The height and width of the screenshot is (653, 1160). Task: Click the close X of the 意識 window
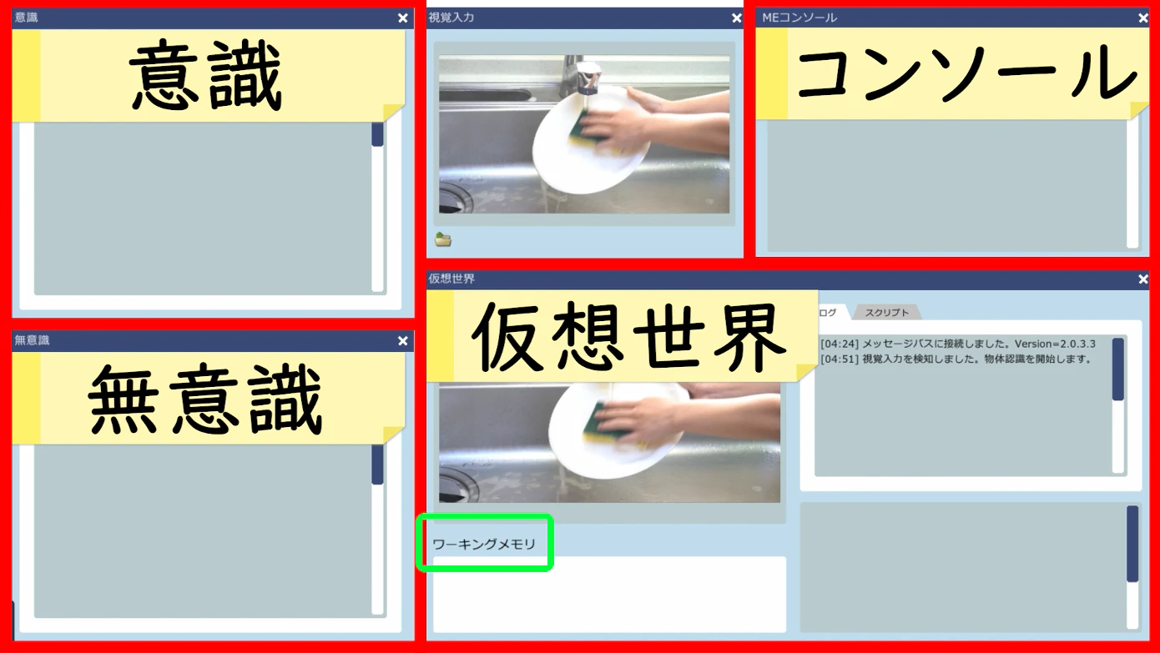pyautogui.click(x=403, y=18)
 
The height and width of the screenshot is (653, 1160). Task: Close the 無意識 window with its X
pyautogui.click(x=403, y=340)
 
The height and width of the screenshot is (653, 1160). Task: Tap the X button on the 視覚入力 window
pyautogui.click(x=736, y=18)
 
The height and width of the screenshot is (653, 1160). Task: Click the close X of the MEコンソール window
pyautogui.click(x=1142, y=18)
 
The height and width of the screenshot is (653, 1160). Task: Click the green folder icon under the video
pyautogui.click(x=443, y=240)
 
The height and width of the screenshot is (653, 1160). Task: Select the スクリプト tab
pyautogui.click(x=887, y=313)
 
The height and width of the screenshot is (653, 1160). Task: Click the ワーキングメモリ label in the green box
pyautogui.click(x=484, y=545)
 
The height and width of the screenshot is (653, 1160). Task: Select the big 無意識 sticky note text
pyautogui.click(x=205, y=401)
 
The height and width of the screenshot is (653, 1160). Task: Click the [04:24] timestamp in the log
pyautogui.click(x=839, y=344)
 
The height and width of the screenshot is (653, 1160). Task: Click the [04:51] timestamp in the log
pyautogui.click(x=839, y=359)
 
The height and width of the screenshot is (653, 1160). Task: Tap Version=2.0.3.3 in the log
pyautogui.click(x=1055, y=344)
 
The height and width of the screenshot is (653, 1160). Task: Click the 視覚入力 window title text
pyautogui.click(x=451, y=18)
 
